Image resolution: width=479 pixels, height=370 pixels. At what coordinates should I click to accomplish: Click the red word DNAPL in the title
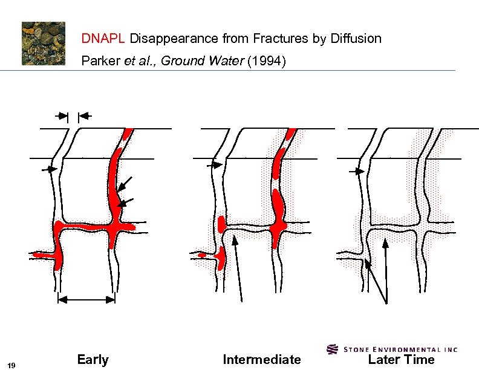pos(103,39)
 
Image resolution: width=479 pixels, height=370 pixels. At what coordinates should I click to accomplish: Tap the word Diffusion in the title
pos(356,39)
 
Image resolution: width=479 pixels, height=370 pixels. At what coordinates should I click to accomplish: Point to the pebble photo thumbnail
pos(44,43)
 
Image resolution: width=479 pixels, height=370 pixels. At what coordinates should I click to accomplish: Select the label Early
pos(93,360)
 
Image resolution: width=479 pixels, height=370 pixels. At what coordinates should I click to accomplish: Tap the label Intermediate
pos(261,360)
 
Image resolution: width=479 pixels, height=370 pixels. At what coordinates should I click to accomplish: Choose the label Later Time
pos(401,360)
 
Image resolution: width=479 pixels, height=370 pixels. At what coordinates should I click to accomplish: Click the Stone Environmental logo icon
pos(332,349)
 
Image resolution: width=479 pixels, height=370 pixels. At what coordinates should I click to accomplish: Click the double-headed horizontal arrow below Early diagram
pos(86,299)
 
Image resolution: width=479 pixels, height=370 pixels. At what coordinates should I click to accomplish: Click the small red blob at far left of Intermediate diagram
pos(201,255)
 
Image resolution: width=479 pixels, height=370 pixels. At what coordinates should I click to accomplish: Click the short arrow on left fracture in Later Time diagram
pos(357,172)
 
